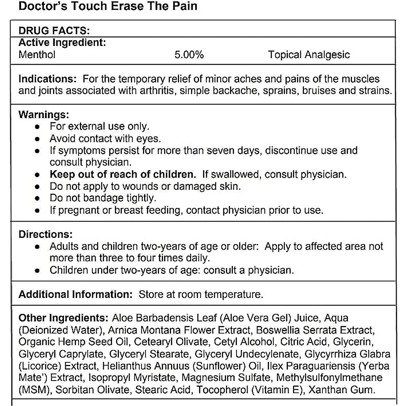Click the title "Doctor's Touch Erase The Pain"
click(x=108, y=6)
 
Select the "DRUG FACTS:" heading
click(x=54, y=31)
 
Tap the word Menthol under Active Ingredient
click(x=37, y=54)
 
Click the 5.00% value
click(x=189, y=54)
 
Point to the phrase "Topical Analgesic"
click(x=309, y=54)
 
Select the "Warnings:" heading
click(x=44, y=114)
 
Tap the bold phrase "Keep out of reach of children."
click(x=123, y=174)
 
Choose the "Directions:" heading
click(x=45, y=234)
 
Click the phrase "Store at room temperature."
click(x=201, y=294)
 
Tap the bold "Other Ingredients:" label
click(x=63, y=318)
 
